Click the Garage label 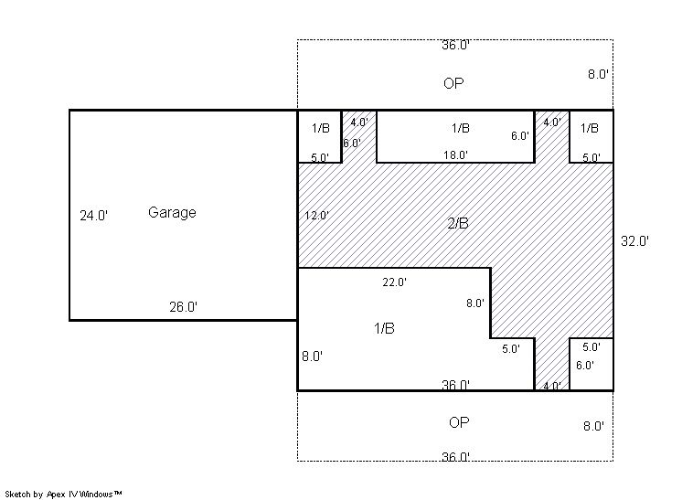[x=172, y=213]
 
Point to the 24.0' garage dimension [x=93, y=215]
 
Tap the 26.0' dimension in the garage [x=183, y=307]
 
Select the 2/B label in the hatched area [x=458, y=223]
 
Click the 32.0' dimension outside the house [x=634, y=241]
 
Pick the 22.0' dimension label [x=395, y=282]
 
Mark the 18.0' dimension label [x=455, y=154]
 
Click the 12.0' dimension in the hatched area [x=316, y=215]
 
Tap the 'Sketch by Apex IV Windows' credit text [x=63, y=495]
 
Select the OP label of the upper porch [x=453, y=83]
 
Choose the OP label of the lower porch [x=459, y=422]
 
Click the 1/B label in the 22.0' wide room [x=385, y=328]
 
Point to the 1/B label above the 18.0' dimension [x=461, y=128]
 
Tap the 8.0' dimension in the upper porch [x=598, y=74]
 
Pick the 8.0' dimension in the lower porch [x=593, y=426]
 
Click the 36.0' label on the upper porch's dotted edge [x=455, y=45]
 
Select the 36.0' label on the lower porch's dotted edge [x=455, y=456]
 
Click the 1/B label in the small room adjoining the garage [x=321, y=128]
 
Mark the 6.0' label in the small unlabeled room [x=584, y=366]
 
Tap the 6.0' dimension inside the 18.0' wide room [x=520, y=136]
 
